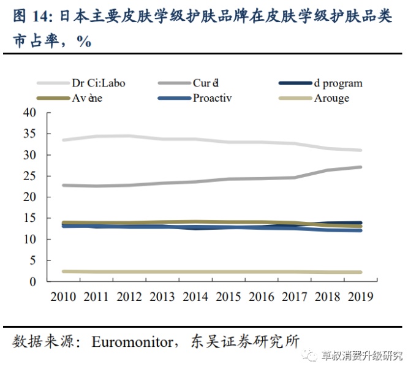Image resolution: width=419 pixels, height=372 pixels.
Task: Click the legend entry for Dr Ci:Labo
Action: tap(98, 83)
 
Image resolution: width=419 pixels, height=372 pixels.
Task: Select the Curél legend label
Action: tap(206, 83)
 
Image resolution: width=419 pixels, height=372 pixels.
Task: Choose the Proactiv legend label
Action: tap(212, 98)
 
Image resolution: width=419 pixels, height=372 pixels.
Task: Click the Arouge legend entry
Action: tap(331, 98)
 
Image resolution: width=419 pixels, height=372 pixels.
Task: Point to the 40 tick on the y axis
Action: tap(29, 113)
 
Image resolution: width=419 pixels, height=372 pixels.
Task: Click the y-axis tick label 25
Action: tap(29, 177)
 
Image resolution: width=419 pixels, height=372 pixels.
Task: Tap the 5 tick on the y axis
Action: tap(32, 260)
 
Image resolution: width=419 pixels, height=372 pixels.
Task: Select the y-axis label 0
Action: tap(32, 282)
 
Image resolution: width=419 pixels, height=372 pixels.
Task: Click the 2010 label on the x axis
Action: tap(63, 296)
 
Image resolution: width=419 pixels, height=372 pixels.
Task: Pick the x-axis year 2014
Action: tap(195, 296)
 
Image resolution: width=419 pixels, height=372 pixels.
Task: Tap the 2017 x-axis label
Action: tap(294, 296)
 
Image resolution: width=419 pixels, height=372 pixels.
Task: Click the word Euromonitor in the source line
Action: tap(134, 341)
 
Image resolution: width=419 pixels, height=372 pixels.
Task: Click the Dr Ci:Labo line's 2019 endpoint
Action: tap(360, 150)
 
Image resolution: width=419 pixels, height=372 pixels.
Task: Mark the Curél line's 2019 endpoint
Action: tap(360, 167)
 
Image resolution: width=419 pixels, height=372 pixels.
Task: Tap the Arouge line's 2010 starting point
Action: tap(64, 271)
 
